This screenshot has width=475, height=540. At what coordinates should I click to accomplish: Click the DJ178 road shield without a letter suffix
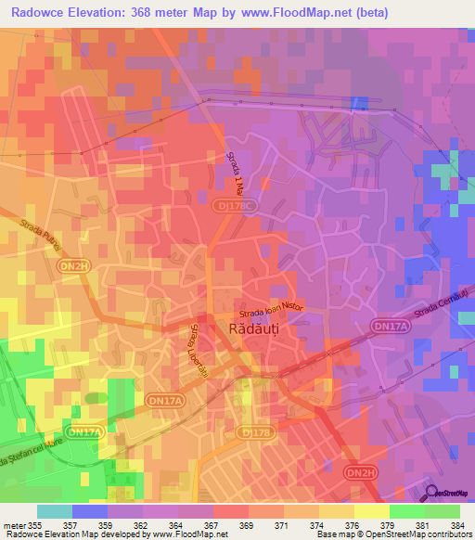coord(251,431)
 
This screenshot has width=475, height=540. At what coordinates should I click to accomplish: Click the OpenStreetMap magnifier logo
coord(433,493)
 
